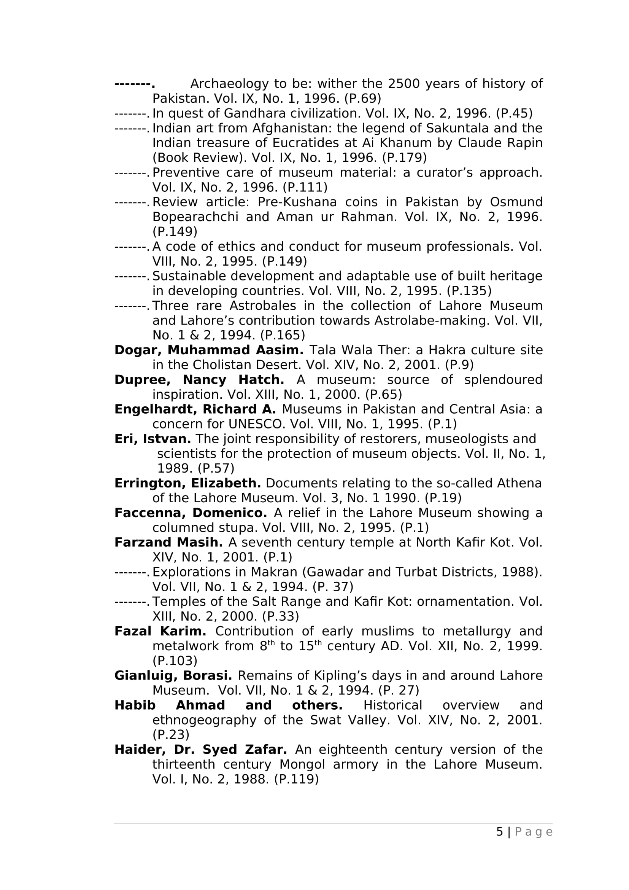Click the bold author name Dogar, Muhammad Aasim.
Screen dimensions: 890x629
tap(209, 350)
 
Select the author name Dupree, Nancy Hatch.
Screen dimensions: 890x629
tap(199, 379)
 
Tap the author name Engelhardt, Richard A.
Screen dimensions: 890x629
tap(195, 409)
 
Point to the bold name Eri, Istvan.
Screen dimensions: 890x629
tap(152, 439)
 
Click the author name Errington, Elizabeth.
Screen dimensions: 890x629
tap(187, 483)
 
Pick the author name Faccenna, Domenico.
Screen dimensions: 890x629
tap(191, 513)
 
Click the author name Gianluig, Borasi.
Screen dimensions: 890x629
tap(173, 676)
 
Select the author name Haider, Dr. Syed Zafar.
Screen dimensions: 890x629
tap(201, 750)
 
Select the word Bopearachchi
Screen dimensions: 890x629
tap(195, 217)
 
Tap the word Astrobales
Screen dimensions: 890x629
tap(263, 306)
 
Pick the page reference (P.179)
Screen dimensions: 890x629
tap(404, 158)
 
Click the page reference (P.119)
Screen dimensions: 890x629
tap(296, 779)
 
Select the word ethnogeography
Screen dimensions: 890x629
tap(204, 720)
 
